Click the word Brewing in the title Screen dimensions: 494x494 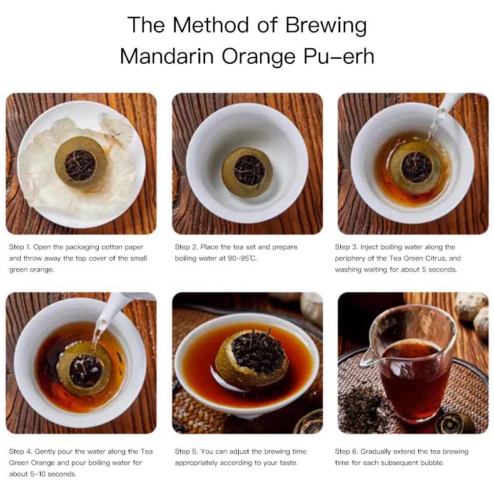pos(326,25)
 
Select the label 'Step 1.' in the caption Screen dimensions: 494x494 pos(23,247)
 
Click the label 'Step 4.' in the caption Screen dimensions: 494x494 pos(23,451)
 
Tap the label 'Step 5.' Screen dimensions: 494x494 pos(187,451)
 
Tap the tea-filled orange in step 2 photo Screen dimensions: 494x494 pos(246,171)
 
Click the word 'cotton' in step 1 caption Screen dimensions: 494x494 pos(108,247)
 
